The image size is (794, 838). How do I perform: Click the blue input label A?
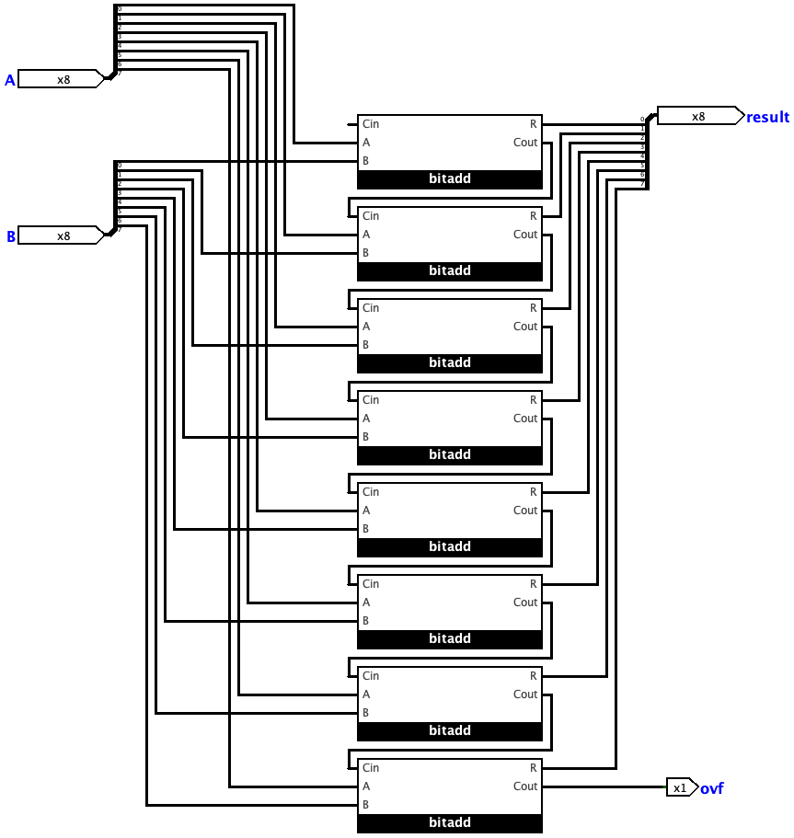[10, 80]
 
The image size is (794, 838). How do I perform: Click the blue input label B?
[11, 236]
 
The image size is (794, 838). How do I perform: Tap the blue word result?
[767, 117]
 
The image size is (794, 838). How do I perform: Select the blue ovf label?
[711, 788]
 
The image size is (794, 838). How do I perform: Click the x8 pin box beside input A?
[60, 79]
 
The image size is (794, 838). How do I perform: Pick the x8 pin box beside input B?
[60, 235]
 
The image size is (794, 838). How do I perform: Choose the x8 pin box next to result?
[698, 116]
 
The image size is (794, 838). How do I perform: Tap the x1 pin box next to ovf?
[681, 787]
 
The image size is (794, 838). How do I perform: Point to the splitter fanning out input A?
[114, 41]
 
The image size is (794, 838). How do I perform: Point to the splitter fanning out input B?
[114, 198]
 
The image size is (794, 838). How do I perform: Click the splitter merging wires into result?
[647, 152]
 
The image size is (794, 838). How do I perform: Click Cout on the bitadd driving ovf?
[525, 786]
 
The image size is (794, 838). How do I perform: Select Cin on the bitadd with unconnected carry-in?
[371, 124]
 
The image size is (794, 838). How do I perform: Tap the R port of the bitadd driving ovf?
[534, 768]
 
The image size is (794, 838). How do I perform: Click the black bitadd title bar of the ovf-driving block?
[450, 822]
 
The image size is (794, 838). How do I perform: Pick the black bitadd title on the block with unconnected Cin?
[450, 178]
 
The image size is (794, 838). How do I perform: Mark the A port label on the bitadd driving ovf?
[366, 786]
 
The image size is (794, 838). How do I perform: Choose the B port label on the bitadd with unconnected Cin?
[366, 161]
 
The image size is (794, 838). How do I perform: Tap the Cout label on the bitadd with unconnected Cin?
[525, 143]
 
